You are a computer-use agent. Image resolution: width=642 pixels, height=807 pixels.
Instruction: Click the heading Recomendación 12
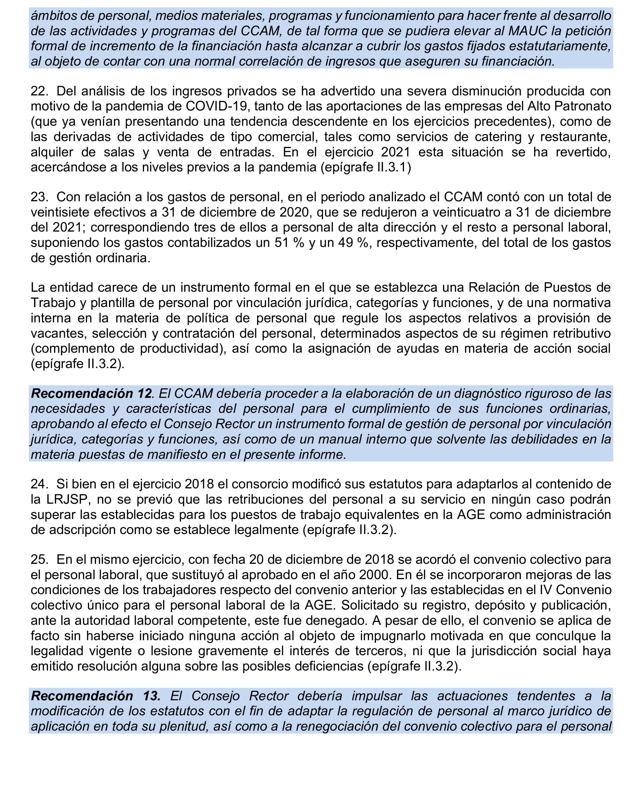(x=92, y=393)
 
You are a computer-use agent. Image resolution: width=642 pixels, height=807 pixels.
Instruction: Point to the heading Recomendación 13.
(x=95, y=696)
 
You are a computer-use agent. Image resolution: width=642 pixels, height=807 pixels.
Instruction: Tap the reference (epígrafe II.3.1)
(x=365, y=167)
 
